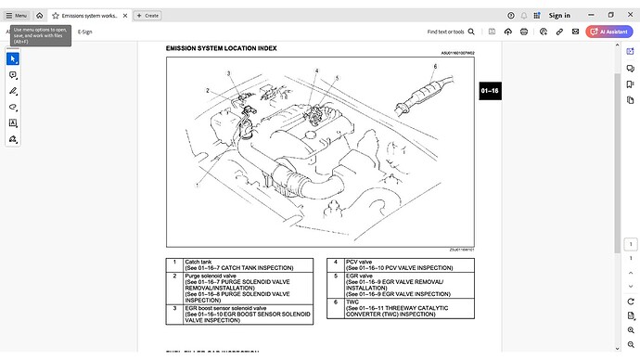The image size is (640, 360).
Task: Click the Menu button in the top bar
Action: (x=16, y=15)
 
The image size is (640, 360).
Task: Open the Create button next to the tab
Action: (x=147, y=15)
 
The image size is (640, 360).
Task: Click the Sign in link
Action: (x=559, y=15)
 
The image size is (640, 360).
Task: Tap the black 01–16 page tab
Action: (x=490, y=91)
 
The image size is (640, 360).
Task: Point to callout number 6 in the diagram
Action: (x=434, y=67)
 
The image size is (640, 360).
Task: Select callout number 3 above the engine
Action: (x=228, y=73)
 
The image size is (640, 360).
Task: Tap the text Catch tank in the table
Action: (x=198, y=262)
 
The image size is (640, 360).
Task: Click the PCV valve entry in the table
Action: (x=359, y=262)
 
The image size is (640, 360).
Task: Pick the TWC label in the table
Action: (x=352, y=302)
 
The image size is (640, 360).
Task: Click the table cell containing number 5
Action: (x=335, y=276)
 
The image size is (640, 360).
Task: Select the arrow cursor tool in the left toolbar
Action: (x=13, y=58)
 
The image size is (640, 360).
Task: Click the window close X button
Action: (x=628, y=15)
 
